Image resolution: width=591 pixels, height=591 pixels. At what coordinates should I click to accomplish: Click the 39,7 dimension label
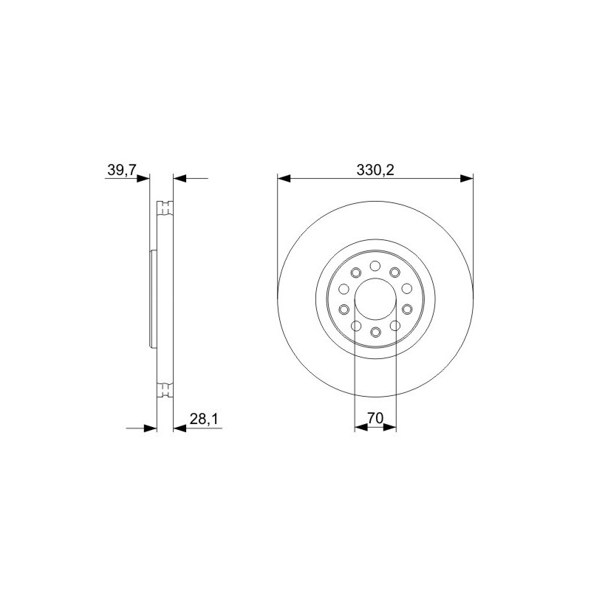pyautogui.click(x=121, y=171)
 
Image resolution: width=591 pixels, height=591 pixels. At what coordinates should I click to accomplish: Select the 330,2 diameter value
pyautogui.click(x=375, y=171)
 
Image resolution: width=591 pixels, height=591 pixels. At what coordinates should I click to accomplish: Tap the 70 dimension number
pyautogui.click(x=375, y=418)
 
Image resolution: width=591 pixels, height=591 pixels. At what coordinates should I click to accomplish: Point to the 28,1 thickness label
pyautogui.click(x=204, y=419)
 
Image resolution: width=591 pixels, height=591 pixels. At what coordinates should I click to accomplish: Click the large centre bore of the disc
pyautogui.click(x=375, y=298)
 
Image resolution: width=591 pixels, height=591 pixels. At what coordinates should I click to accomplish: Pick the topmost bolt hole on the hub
pyautogui.click(x=375, y=266)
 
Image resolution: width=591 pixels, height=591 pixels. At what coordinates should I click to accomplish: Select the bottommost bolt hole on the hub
pyautogui.click(x=375, y=332)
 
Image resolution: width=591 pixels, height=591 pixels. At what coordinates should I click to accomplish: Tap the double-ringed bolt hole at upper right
pyautogui.click(x=394, y=272)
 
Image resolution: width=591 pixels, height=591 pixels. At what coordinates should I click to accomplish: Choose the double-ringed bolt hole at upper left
pyautogui.click(x=356, y=272)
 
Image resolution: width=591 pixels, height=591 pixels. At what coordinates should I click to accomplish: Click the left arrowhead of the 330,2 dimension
pyautogui.click(x=284, y=178)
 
